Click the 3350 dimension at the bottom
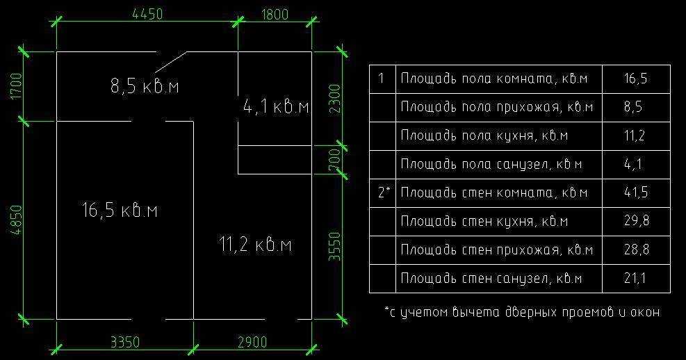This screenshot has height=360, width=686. coord(125,342)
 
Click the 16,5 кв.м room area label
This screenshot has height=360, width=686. coord(120,209)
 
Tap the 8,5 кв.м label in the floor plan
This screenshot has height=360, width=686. coord(145,86)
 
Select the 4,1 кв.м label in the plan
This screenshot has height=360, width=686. coord(275,107)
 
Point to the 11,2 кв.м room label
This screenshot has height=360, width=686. coord(254,245)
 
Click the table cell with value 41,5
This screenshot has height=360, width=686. coord(636,193)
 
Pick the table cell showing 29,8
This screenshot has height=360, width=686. coord(636,221)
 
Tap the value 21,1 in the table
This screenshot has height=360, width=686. coord(636,279)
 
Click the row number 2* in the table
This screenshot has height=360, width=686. coord(382,193)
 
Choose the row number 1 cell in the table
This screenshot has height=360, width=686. coord(382,78)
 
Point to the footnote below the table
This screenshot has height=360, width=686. coord(521,312)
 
